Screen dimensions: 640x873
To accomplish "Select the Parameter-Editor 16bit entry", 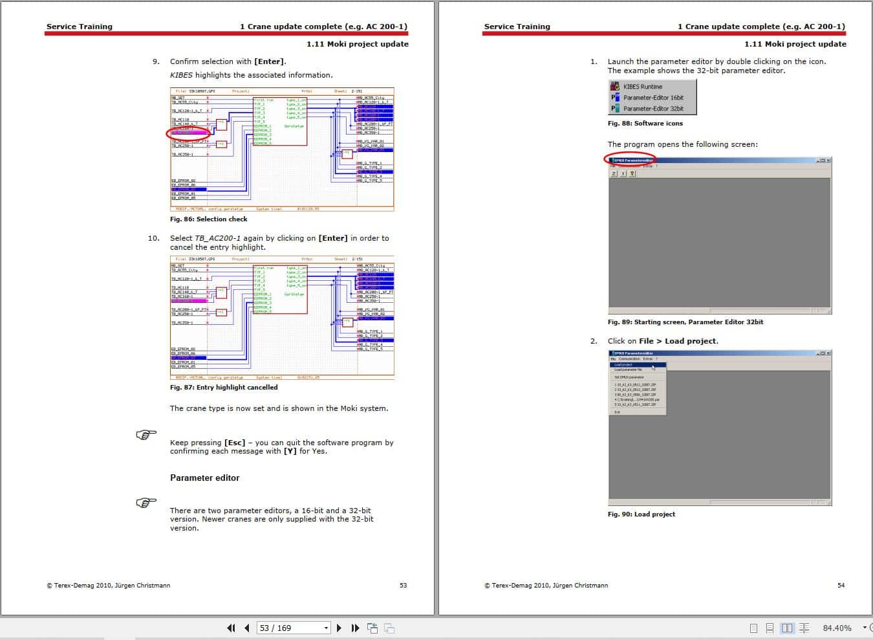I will point(652,98).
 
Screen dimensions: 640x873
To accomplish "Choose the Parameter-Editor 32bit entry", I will point(652,109).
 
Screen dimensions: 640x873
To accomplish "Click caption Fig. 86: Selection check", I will point(208,219).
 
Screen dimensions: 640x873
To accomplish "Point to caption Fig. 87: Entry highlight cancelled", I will point(224,388).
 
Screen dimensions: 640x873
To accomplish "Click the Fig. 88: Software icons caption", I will point(645,124).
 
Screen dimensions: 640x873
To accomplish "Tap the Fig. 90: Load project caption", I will point(641,514).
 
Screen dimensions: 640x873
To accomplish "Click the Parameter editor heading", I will point(204,478).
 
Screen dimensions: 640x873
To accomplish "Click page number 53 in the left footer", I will point(403,586).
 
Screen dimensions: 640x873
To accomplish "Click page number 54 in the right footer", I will point(841,586).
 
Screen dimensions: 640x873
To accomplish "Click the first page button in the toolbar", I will point(231,628).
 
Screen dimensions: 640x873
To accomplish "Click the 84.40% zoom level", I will point(837,628).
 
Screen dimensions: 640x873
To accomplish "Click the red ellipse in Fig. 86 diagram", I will point(188,134).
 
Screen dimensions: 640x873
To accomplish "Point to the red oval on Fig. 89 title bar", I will point(630,159).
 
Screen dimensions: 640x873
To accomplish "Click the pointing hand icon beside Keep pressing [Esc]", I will point(146,435).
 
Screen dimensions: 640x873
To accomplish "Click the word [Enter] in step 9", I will point(269,62).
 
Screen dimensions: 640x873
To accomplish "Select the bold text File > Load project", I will point(678,341).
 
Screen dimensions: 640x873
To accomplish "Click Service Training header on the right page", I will point(517,27).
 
